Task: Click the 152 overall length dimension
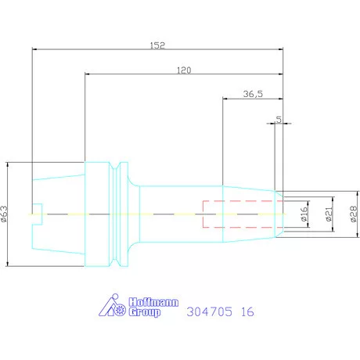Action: (x=157, y=45)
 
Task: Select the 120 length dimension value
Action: (x=184, y=70)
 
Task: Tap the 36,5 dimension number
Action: (x=253, y=94)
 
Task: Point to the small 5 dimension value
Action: (x=279, y=120)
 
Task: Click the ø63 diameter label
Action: (x=5, y=214)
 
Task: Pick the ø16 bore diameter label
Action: (x=304, y=214)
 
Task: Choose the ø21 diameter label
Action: (x=329, y=214)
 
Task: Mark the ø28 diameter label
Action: (x=354, y=214)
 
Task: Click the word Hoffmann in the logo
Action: (x=153, y=302)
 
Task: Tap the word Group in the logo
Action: (x=145, y=312)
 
